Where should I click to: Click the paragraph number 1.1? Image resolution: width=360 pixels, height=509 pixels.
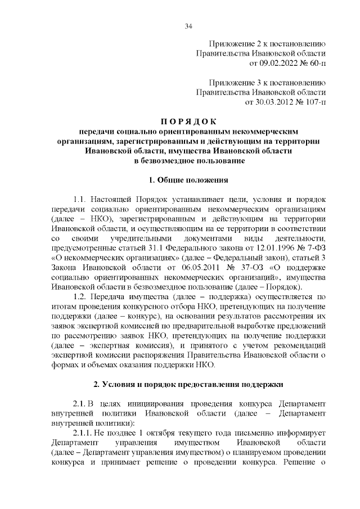pyautogui.click(x=82, y=200)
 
